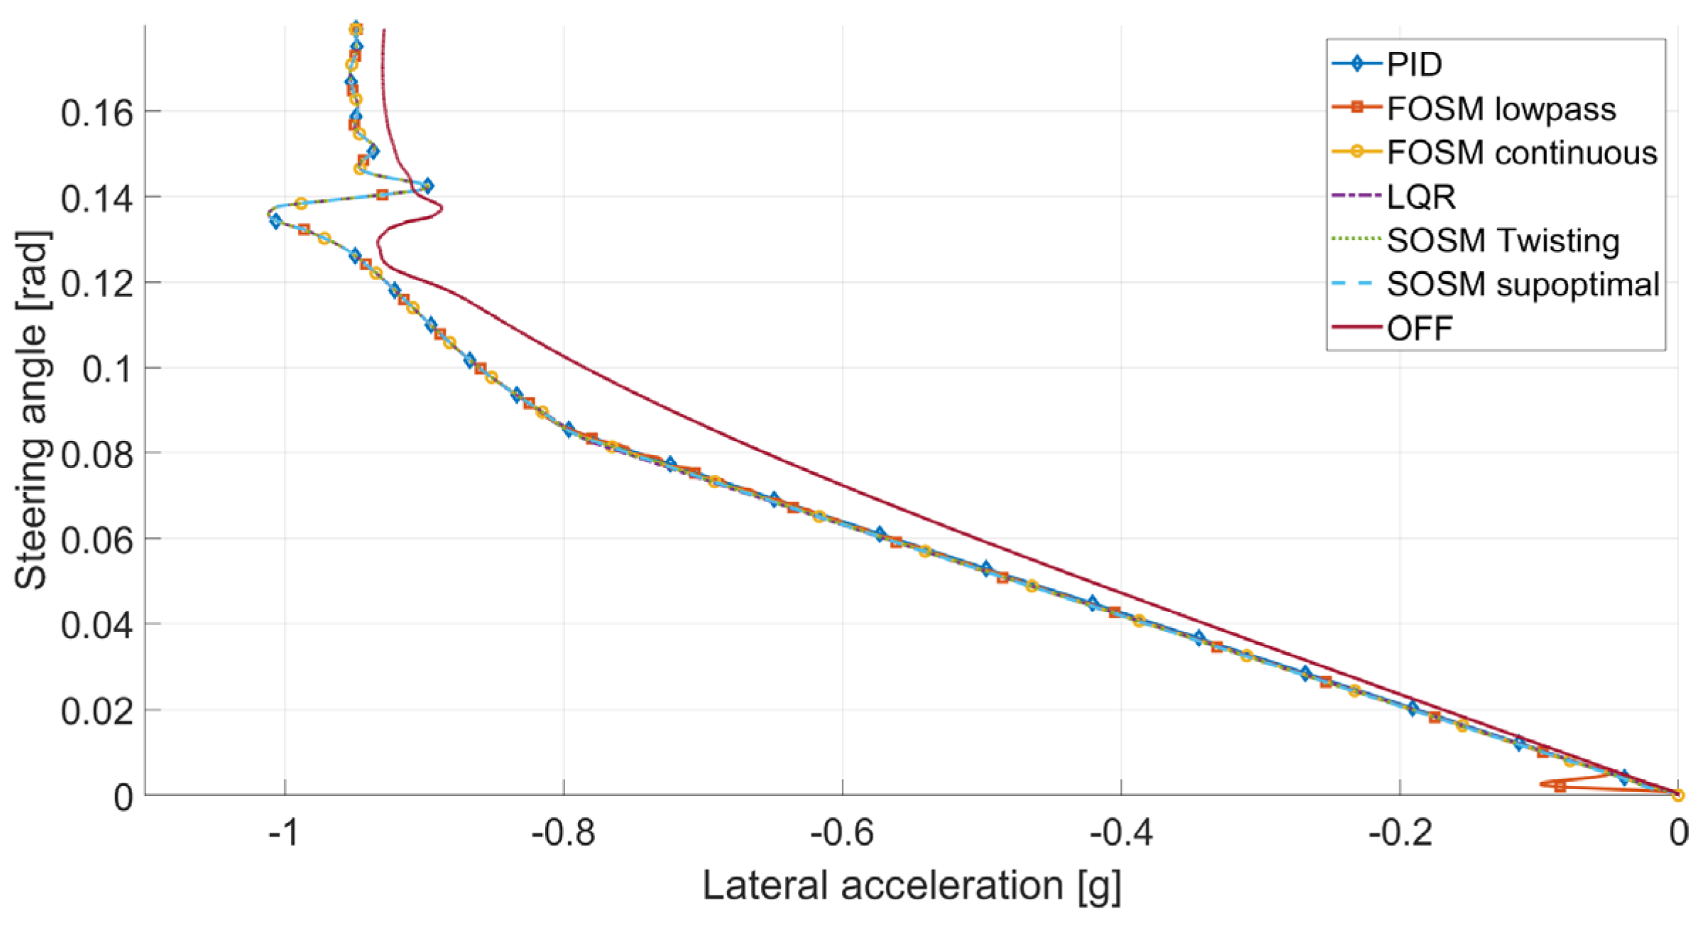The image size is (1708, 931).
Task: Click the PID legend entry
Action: (x=1413, y=65)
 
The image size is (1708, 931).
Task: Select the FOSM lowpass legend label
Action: (x=1500, y=109)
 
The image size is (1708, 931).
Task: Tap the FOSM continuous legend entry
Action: (x=1521, y=153)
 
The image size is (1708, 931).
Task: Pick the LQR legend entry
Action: (x=1420, y=197)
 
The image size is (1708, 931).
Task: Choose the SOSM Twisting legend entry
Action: (x=1502, y=241)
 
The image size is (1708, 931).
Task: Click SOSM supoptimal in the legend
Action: (x=1522, y=285)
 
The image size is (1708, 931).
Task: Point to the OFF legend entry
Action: (x=1419, y=329)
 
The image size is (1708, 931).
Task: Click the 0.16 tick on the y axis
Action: (x=97, y=113)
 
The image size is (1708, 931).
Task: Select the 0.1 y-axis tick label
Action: (x=107, y=369)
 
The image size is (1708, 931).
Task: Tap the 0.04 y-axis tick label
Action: (x=97, y=626)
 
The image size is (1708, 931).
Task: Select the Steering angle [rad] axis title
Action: (x=32, y=410)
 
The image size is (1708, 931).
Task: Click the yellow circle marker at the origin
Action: (x=1677, y=795)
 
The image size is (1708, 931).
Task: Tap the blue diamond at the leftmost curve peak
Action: (x=276, y=222)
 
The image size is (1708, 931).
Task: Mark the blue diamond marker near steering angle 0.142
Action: (x=427, y=186)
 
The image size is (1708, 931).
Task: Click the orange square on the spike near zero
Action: (x=1560, y=786)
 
